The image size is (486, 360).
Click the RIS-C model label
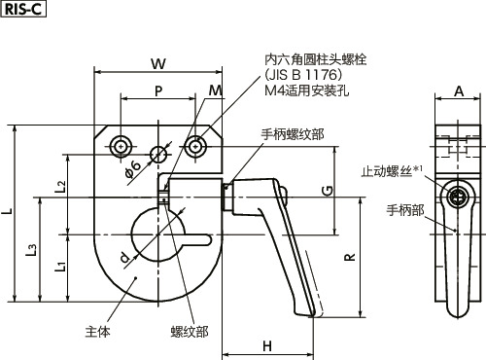(x=21, y=11)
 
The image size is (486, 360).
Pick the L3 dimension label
(x=35, y=251)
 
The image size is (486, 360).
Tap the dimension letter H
(x=267, y=344)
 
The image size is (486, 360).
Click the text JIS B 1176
(x=300, y=75)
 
